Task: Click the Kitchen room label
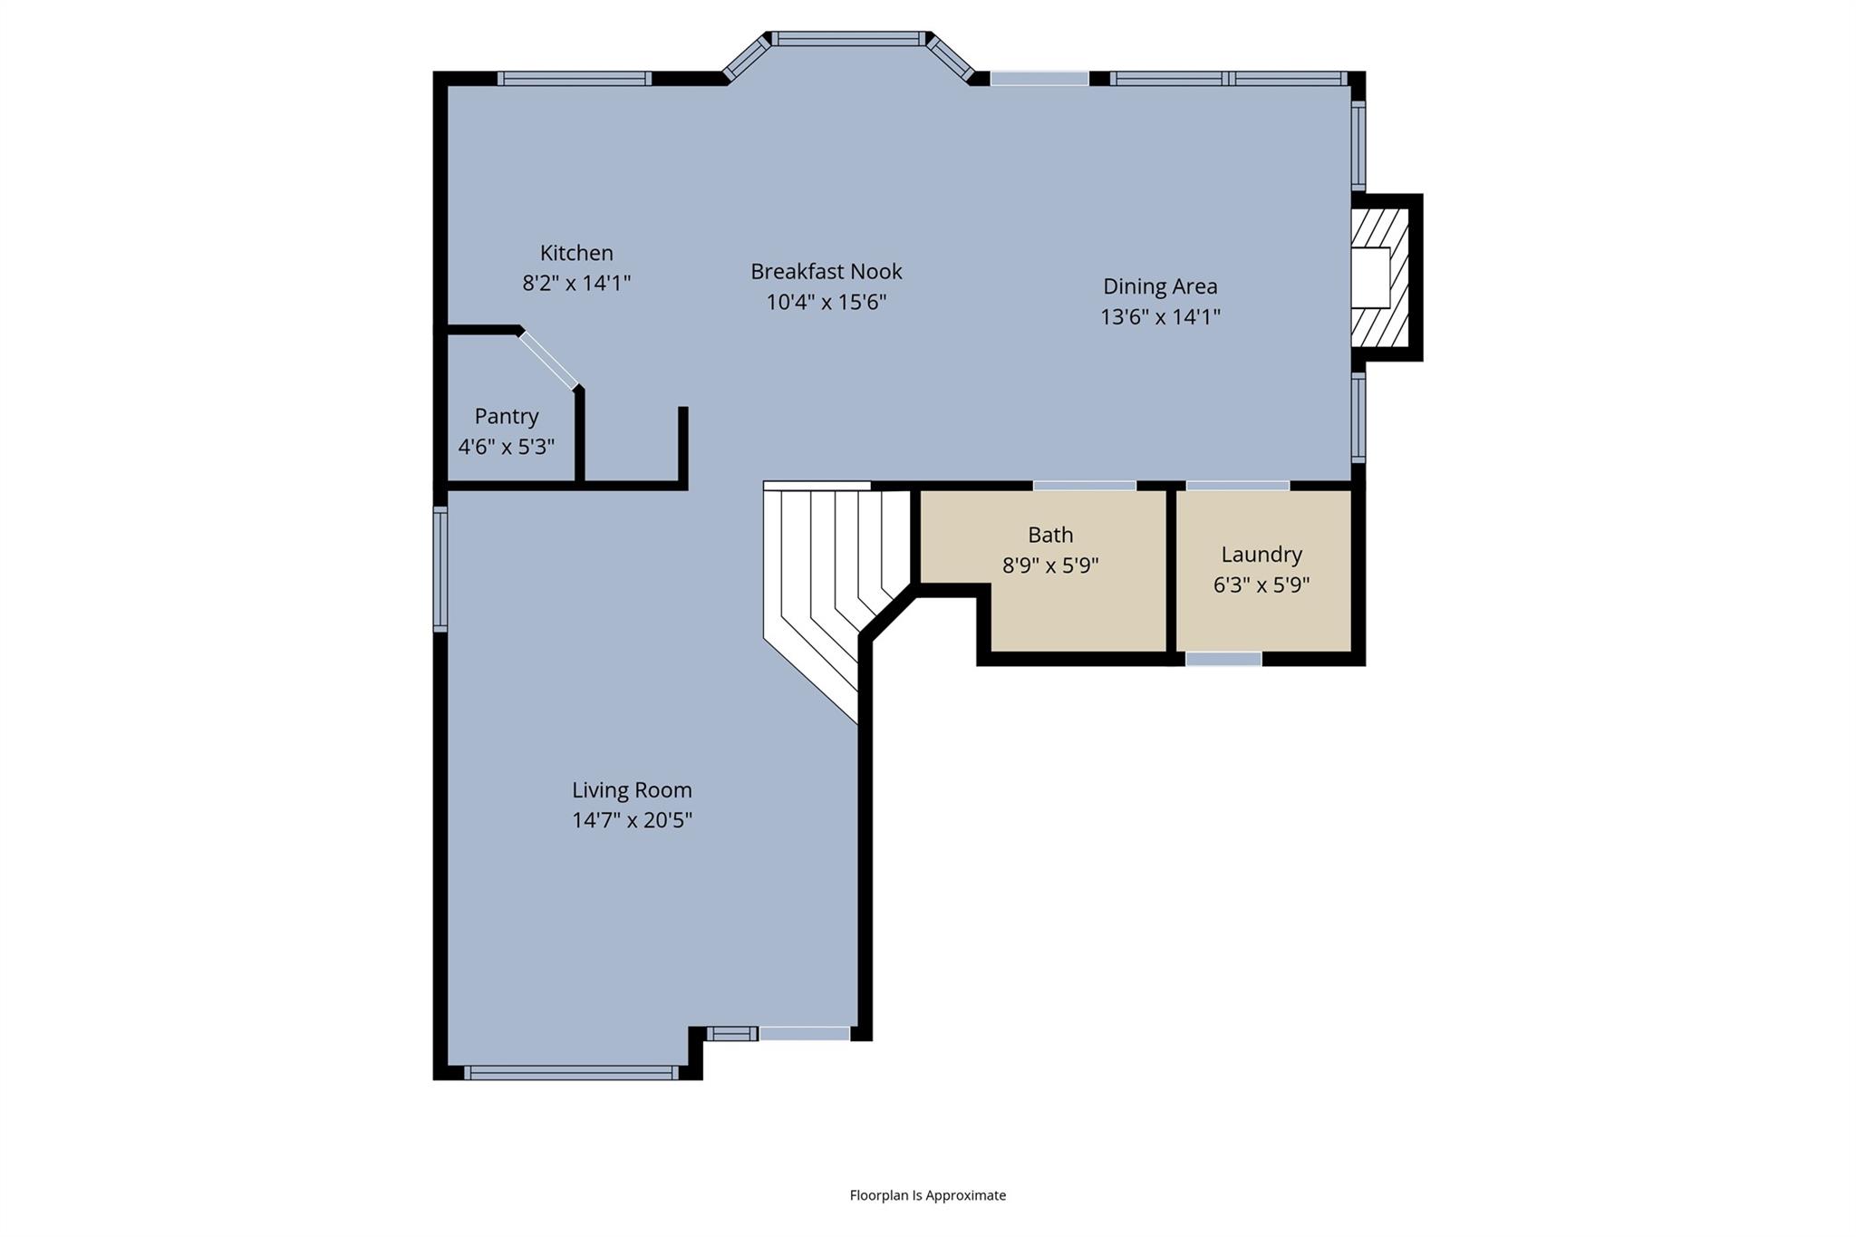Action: coord(576,253)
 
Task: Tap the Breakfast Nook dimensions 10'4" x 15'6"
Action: coord(826,302)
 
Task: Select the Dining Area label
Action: coord(1160,286)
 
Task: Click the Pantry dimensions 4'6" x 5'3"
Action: coord(506,447)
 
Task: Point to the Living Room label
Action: coord(632,790)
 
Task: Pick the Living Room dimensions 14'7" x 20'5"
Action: coord(632,821)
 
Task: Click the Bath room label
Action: coord(1050,535)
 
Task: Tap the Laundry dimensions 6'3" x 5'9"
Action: coord(1261,585)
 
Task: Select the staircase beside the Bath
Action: coord(829,571)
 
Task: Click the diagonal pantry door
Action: coord(549,361)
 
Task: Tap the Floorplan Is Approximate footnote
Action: coord(927,1195)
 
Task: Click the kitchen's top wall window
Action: coord(575,78)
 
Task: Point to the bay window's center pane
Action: coord(848,39)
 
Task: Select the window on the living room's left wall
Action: coord(440,568)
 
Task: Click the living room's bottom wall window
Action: coord(571,1073)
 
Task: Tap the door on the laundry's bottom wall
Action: coord(1223,659)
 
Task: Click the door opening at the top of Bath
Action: coord(1084,486)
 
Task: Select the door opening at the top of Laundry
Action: coord(1237,486)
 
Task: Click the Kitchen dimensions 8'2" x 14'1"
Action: coord(576,284)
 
